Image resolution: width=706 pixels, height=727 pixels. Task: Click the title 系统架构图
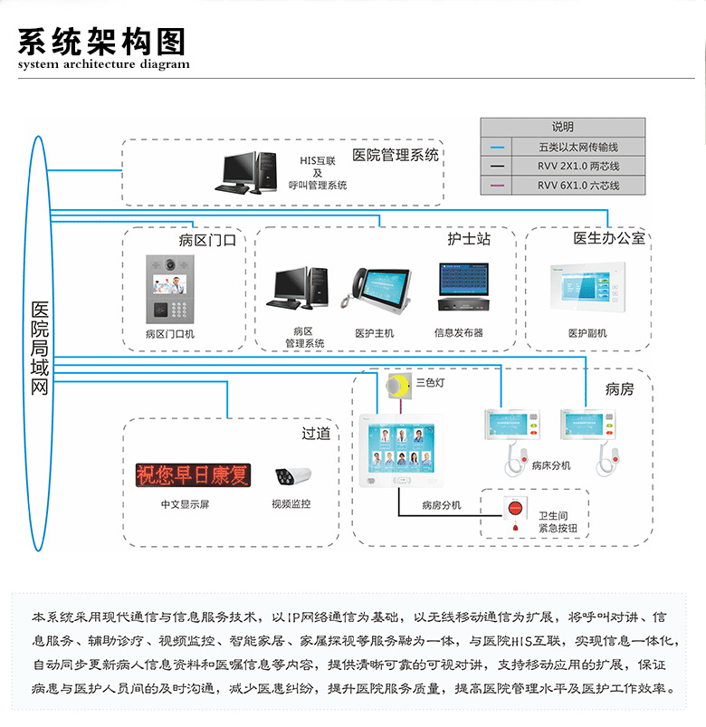[101, 41]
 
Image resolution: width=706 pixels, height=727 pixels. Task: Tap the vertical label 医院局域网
[40, 349]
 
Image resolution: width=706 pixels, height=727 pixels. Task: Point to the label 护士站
[469, 239]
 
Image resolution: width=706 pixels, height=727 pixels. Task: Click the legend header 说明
[563, 127]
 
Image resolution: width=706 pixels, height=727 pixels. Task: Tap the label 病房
[620, 389]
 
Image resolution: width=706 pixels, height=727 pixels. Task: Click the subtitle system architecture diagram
[104, 64]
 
